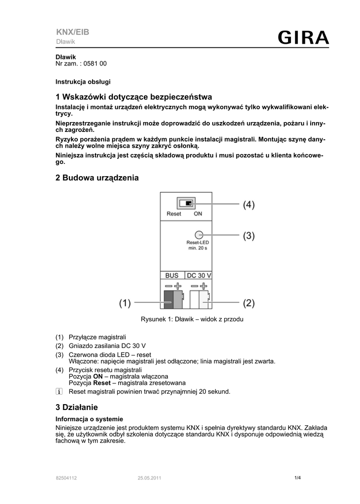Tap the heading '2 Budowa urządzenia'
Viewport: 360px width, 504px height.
pos(97,178)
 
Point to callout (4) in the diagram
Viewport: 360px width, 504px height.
pos(248,204)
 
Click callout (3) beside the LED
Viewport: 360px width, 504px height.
pos(248,236)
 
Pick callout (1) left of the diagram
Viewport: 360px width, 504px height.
pos(125,303)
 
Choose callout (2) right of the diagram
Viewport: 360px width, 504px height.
pos(248,303)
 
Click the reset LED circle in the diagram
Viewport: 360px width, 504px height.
pos(198,235)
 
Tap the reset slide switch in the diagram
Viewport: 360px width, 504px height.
pos(186,203)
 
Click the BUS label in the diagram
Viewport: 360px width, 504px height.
pos(172,276)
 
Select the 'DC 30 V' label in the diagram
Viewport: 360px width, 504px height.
pos(199,276)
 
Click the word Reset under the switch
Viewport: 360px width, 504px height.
pos(174,214)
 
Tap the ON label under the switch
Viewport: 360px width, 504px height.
pos(197,214)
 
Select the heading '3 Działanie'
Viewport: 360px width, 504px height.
pos(77,407)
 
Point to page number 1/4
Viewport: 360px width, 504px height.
pos(297,477)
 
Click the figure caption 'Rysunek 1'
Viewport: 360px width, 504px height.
pos(192,319)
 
